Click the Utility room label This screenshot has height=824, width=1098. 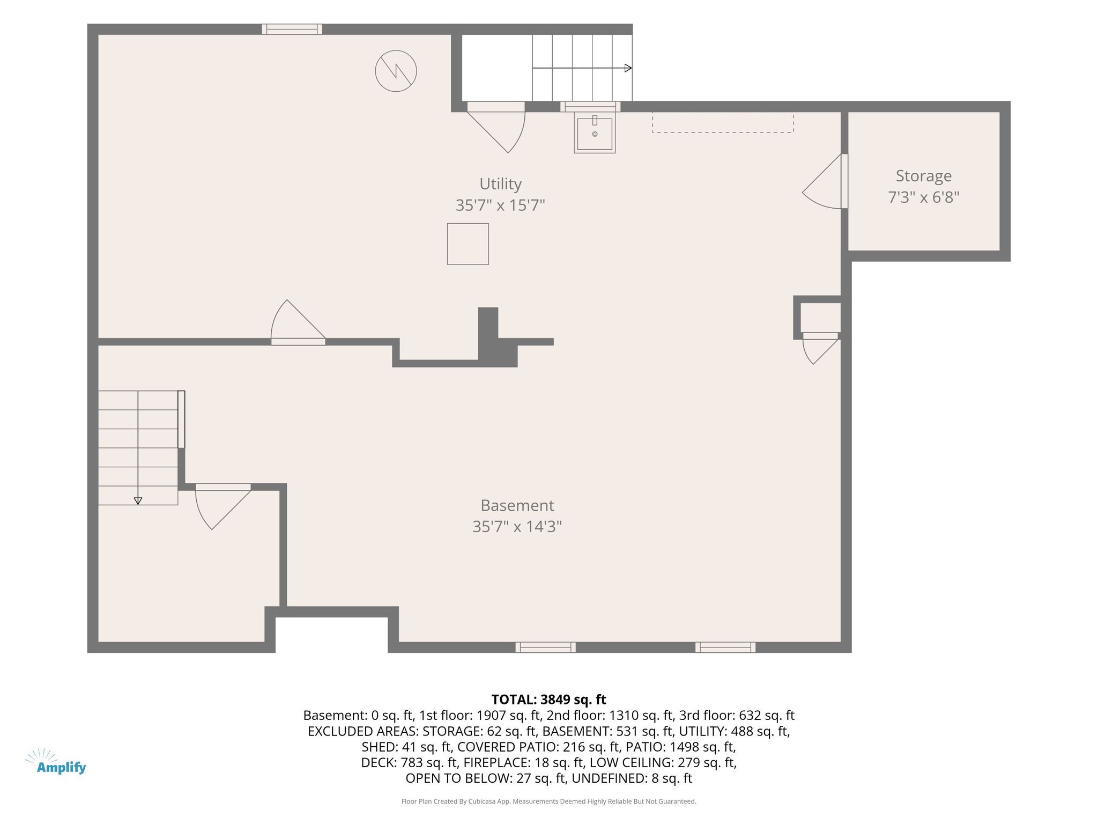[x=500, y=184]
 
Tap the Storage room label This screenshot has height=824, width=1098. [x=923, y=176]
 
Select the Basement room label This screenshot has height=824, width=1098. [x=517, y=505]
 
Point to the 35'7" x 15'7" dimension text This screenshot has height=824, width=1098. [x=500, y=205]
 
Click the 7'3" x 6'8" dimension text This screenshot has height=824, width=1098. [x=923, y=197]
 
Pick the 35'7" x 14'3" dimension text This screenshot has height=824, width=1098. [x=517, y=527]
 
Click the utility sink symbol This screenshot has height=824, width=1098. [x=595, y=133]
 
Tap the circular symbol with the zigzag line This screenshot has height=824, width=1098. [x=396, y=71]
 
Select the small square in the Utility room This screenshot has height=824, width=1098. [x=468, y=244]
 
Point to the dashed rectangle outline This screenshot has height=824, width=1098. [x=723, y=122]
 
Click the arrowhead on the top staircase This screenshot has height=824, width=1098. [x=628, y=68]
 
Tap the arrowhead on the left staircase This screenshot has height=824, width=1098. [x=138, y=501]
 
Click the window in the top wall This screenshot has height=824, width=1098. [x=292, y=30]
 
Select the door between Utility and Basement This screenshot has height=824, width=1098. [x=298, y=322]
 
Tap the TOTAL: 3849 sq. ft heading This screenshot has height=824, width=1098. [x=548, y=700]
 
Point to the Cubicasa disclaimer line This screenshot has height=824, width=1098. [x=548, y=801]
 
